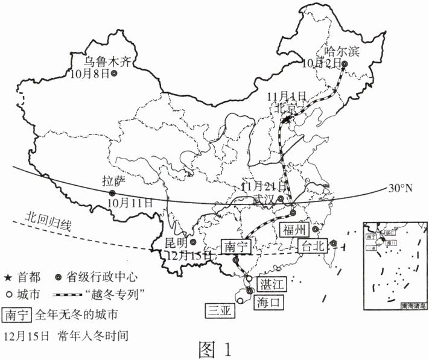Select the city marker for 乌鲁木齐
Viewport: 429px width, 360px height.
pos(114,74)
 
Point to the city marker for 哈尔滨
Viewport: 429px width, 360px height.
pos(345,63)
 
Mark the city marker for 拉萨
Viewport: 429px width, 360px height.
pos(112,193)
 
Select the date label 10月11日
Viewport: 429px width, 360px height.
pos(131,202)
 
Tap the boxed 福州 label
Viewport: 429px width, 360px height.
pos(294,230)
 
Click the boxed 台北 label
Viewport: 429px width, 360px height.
pos(313,245)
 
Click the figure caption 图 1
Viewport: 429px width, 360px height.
pos(214,349)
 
